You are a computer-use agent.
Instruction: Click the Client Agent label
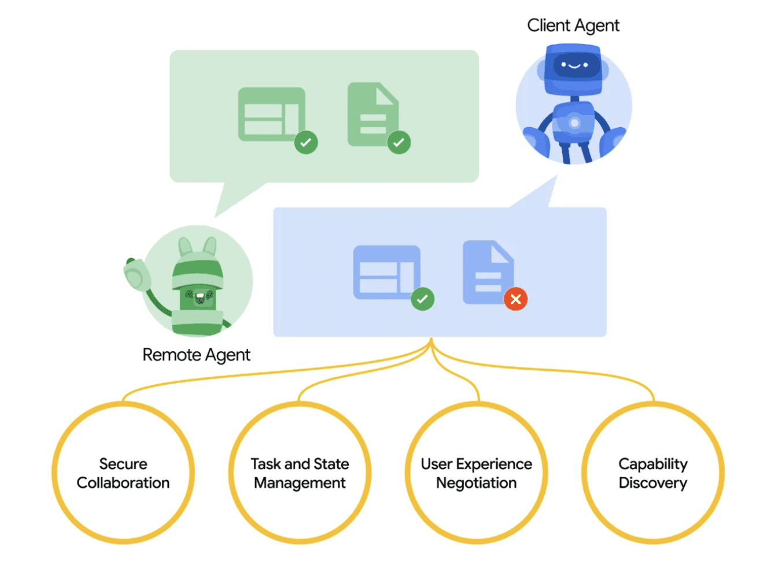pyautogui.click(x=573, y=25)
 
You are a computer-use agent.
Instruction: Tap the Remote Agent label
pyautogui.click(x=196, y=355)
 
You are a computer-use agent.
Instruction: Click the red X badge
pyautogui.click(x=515, y=299)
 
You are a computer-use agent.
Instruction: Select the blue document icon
pyautogui.click(x=488, y=272)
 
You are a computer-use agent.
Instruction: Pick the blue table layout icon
pyautogui.click(x=387, y=273)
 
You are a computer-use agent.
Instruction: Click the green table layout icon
pyautogui.click(x=272, y=114)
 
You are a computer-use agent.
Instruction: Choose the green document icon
pyautogui.click(x=373, y=114)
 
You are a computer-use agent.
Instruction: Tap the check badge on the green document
pyautogui.click(x=399, y=142)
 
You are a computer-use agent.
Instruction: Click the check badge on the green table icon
pyautogui.click(x=306, y=142)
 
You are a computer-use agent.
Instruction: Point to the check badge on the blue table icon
pyautogui.click(x=423, y=299)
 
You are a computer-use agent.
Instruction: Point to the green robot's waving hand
pyautogui.click(x=137, y=275)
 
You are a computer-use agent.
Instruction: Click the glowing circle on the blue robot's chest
pyautogui.click(x=574, y=123)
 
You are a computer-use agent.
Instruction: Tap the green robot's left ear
pyautogui.click(x=185, y=246)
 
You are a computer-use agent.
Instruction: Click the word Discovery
pyautogui.click(x=653, y=484)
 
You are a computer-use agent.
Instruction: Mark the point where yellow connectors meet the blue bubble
pyautogui.click(x=431, y=338)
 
